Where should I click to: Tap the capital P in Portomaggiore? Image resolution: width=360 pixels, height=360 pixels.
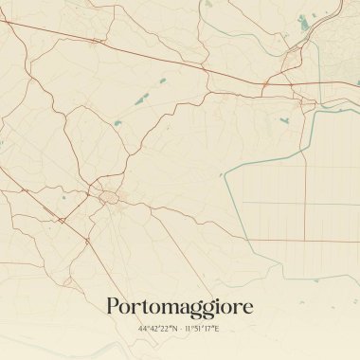(x=113, y=306)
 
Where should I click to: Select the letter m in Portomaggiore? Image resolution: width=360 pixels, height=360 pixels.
(x=167, y=308)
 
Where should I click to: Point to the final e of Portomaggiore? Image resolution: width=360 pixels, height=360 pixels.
(x=246, y=308)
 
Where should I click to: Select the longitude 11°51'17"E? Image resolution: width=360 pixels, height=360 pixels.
(x=201, y=329)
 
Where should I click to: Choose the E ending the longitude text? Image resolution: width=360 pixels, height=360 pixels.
(x=217, y=329)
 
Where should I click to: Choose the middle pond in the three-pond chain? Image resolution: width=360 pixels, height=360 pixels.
(x=144, y=98)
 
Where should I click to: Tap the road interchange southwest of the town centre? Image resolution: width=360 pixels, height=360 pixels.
(x=61, y=221)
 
